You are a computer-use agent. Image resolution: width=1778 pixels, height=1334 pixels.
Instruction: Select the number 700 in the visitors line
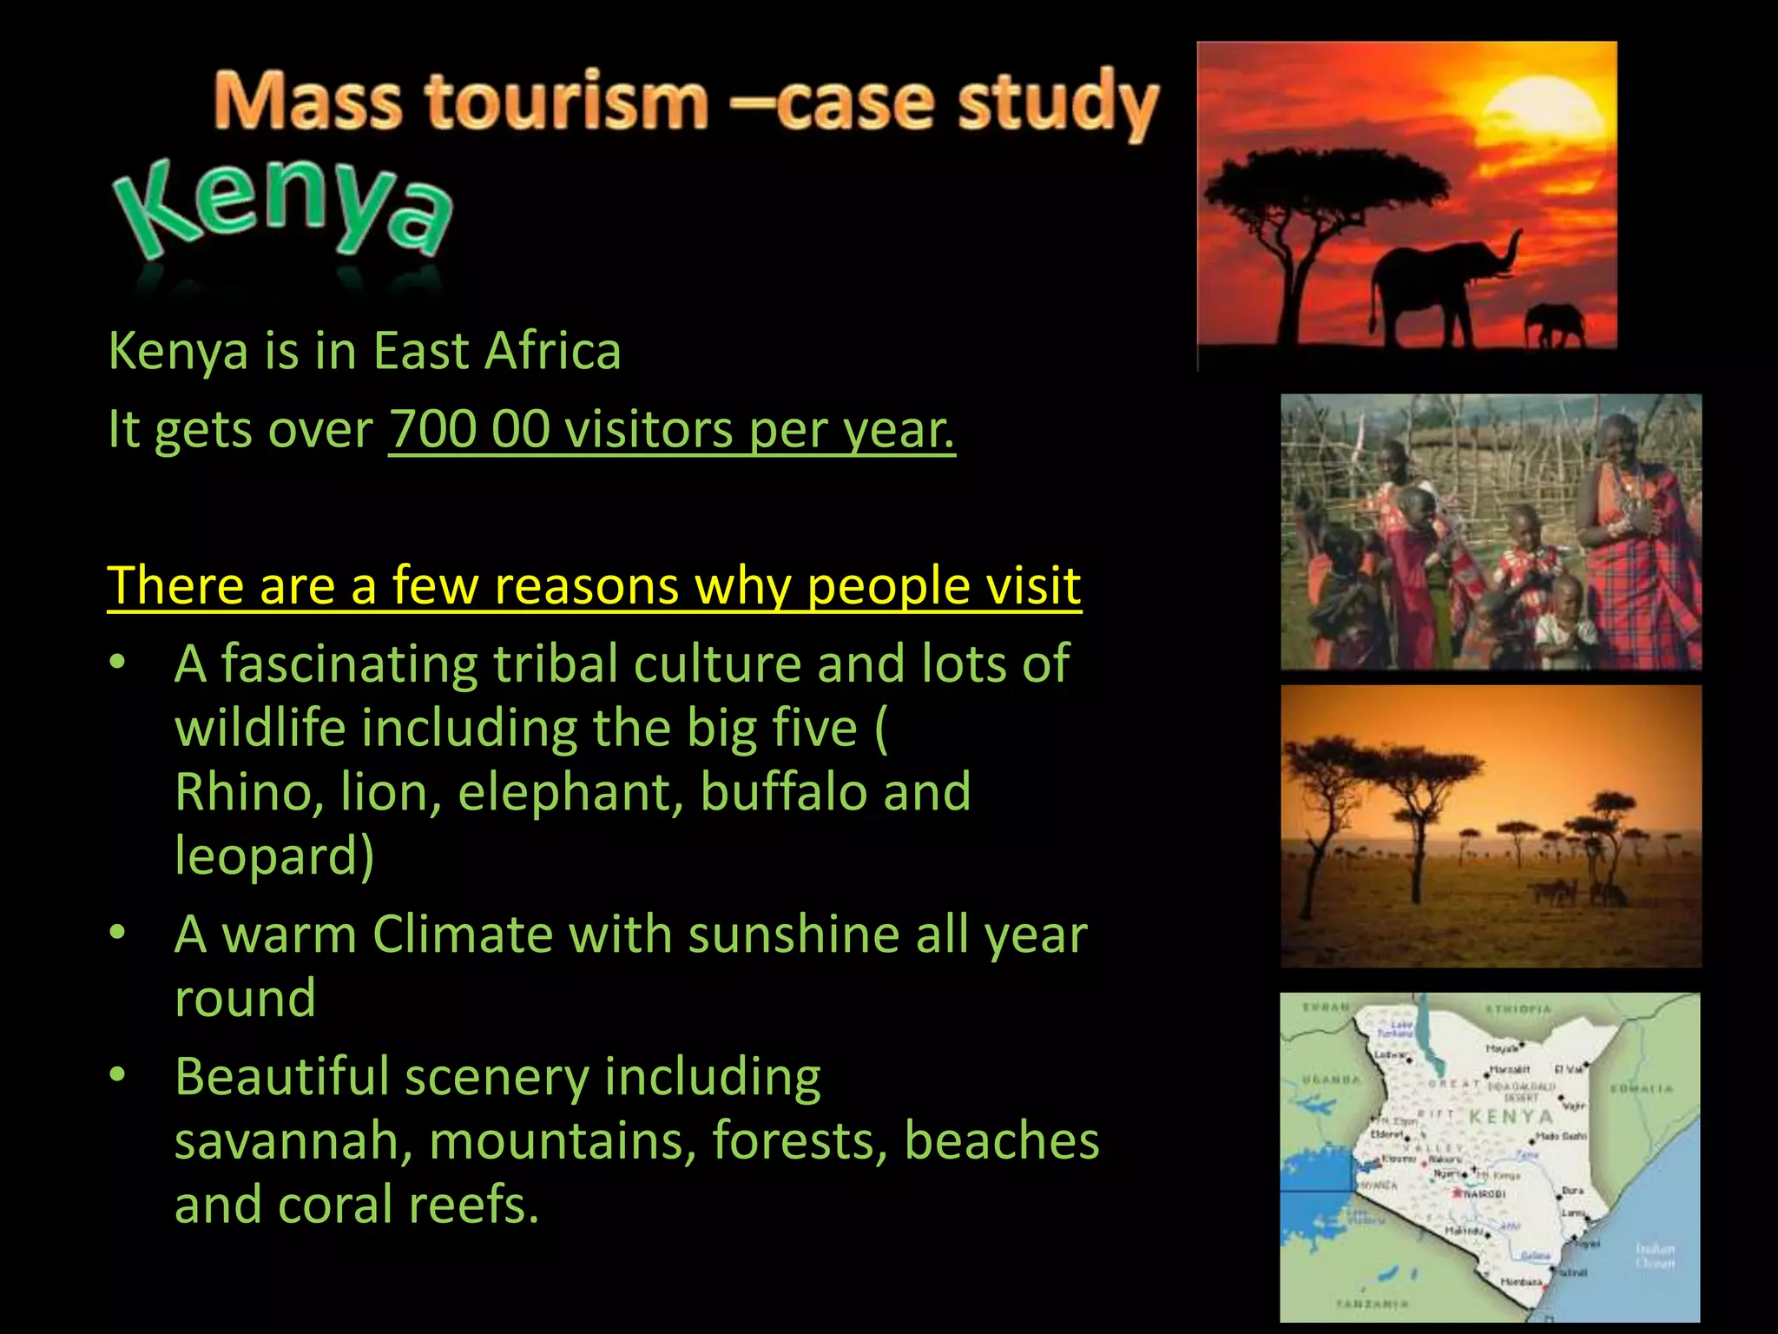point(433,429)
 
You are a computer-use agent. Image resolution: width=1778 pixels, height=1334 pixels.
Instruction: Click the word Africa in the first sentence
point(552,351)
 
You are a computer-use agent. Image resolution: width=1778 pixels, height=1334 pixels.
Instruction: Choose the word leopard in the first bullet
point(267,855)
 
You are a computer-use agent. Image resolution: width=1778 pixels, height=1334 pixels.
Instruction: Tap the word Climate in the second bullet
point(462,934)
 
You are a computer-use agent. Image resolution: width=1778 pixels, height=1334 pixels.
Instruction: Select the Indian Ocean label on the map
point(1655,1255)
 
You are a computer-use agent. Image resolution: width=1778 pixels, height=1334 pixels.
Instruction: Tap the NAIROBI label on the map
point(1485,1194)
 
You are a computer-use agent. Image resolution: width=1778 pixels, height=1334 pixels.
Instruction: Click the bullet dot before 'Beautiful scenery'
point(118,1075)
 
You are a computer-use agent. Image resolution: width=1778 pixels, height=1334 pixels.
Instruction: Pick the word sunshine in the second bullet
point(795,934)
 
